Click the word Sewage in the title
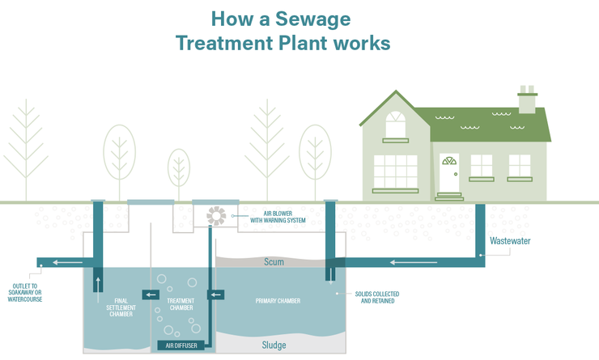pyautogui.click(x=313, y=19)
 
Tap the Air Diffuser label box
pyautogui.click(x=181, y=345)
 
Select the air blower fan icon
pyautogui.click(x=216, y=216)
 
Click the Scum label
pyautogui.click(x=274, y=262)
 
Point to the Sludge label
pyautogui.click(x=274, y=345)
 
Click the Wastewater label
pyautogui.click(x=510, y=241)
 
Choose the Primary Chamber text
pyautogui.click(x=278, y=301)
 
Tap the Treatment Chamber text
pyautogui.click(x=181, y=304)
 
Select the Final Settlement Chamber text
pyautogui.click(x=121, y=307)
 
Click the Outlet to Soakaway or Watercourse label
pyautogui.click(x=25, y=293)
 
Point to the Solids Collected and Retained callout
pyautogui.click(x=377, y=298)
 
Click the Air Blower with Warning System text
pyautogui.click(x=278, y=217)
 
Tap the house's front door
pyautogui.click(x=449, y=173)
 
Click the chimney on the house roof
pyautogui.click(x=527, y=100)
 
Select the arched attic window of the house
pyautogui.click(x=395, y=124)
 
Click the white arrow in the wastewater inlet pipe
pyautogui.click(x=414, y=262)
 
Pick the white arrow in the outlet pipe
pyautogui.click(x=68, y=262)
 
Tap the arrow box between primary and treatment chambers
pyautogui.click(x=216, y=294)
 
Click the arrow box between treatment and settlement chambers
pyautogui.click(x=151, y=294)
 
